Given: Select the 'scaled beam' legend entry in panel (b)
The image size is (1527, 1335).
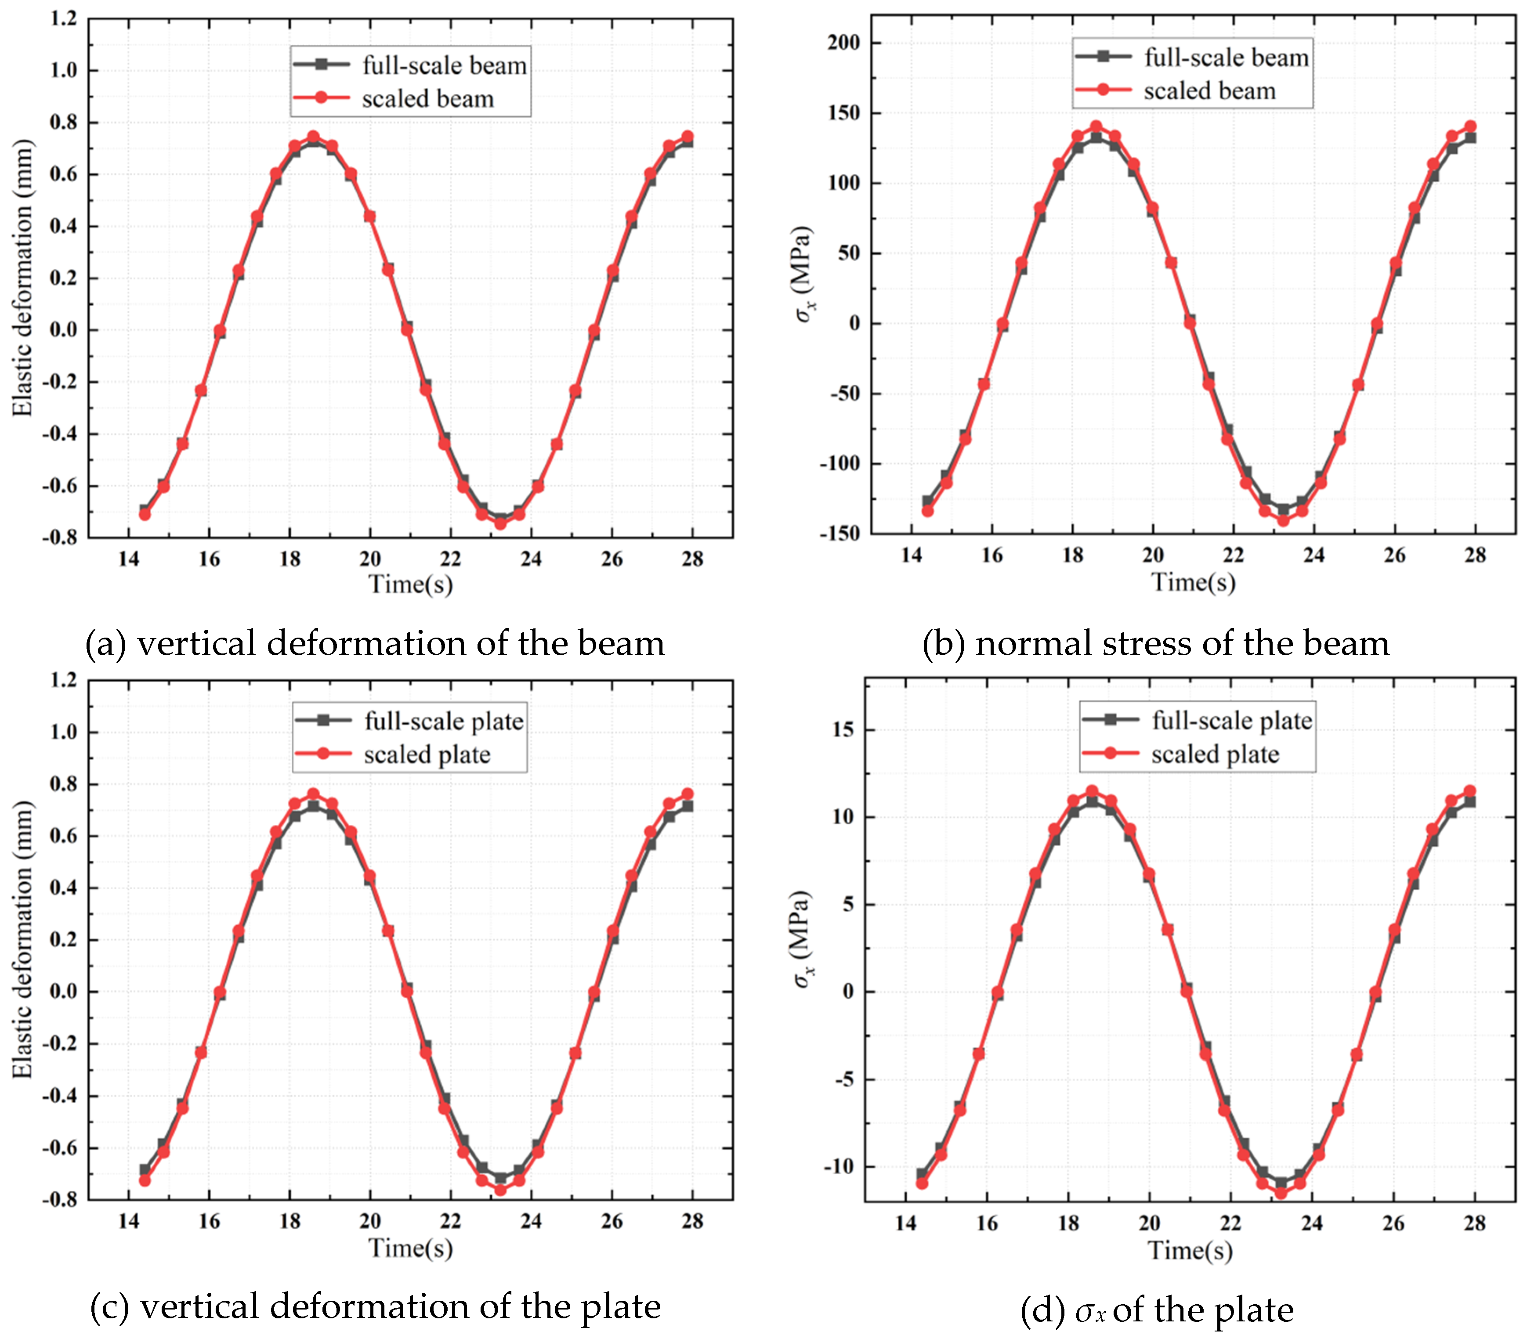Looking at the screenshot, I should pos(1209,91).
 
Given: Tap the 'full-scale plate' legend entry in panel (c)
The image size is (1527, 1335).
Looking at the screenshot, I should pos(443,721).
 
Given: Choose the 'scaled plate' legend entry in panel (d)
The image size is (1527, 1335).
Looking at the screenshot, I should pos(1215,754).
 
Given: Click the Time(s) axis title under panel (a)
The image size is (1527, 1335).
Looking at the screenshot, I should pos(411,584).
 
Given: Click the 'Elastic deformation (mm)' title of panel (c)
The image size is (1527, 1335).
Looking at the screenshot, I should pos(23,940).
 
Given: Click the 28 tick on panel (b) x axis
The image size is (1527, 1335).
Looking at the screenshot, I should pos(1474,555).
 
